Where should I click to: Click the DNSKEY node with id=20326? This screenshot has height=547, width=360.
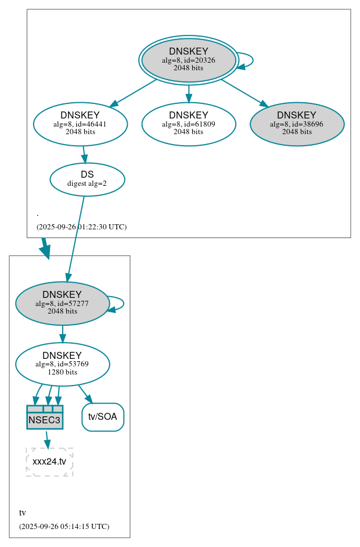coord(188,60)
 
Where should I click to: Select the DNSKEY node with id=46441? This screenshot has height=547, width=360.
coord(80,124)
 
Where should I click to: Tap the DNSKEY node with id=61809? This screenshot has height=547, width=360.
coord(188,124)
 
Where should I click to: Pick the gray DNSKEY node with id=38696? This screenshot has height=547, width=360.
coord(297,124)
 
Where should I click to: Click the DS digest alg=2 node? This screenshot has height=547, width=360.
coord(87,179)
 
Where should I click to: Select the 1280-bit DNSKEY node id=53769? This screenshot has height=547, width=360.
coord(62,364)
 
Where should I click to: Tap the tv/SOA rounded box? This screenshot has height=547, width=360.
coord(103,417)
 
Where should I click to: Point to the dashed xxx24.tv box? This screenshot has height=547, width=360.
coord(49,462)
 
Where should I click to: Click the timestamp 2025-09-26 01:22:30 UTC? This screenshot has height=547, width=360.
coord(81,226)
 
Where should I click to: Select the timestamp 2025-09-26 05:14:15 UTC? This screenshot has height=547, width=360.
coord(64,526)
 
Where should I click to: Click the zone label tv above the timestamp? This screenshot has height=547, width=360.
coord(22,513)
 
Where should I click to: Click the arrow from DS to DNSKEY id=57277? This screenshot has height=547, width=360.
coord(76,238)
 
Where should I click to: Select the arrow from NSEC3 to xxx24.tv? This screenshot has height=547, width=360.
coord(47,438)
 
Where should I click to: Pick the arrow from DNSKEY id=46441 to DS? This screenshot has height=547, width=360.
coord(84,154)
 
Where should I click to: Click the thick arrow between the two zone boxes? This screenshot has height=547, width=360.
coord(45,248)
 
